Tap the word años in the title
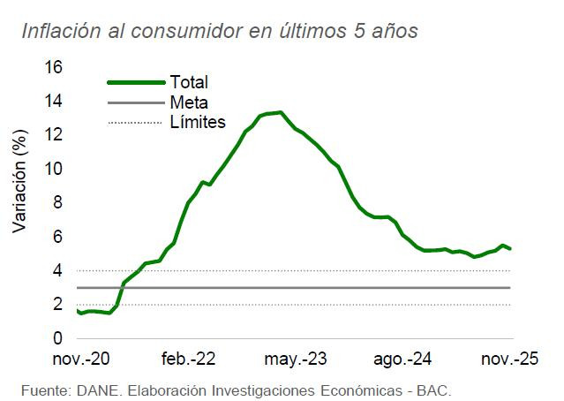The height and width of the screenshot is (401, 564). [x=393, y=32]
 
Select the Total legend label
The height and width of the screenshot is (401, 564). [x=188, y=82]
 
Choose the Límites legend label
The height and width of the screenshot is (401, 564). [x=197, y=122]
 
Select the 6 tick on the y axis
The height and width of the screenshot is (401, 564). [x=57, y=237]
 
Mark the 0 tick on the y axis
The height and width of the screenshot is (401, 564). [x=57, y=339]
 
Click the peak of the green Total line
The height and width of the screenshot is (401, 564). [x=280, y=112]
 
